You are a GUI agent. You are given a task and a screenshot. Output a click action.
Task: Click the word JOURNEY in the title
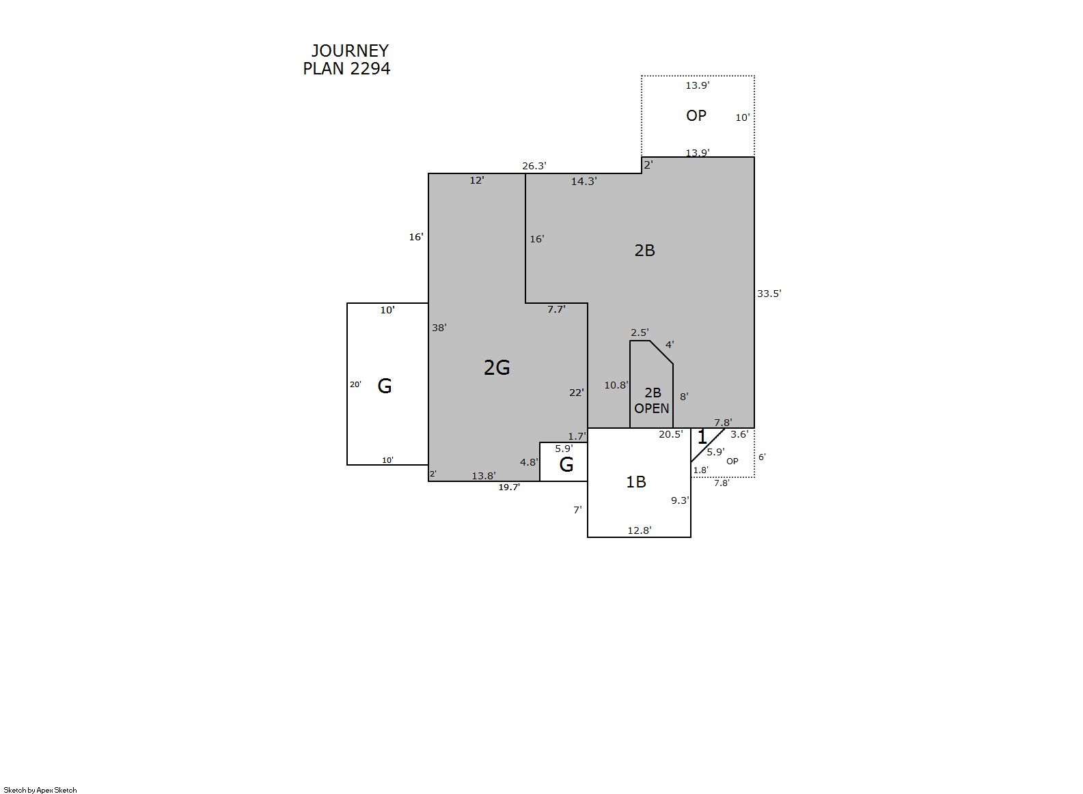point(350,51)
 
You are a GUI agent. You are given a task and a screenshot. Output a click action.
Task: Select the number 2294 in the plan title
point(370,68)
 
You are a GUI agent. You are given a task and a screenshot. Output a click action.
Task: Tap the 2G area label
point(497,368)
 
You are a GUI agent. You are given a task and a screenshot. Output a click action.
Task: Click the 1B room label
point(635,482)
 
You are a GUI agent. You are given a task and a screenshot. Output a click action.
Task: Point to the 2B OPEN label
point(652,401)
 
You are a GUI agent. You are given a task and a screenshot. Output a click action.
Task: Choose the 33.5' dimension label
point(769,294)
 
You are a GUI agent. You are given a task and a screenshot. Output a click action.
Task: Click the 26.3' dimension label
point(534,166)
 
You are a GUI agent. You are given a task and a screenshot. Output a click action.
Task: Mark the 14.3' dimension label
point(584,182)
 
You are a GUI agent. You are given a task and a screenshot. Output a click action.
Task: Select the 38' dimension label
point(439,328)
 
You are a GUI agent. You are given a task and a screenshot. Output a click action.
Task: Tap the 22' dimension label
point(576,393)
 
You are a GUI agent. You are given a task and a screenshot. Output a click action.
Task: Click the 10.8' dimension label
point(616,386)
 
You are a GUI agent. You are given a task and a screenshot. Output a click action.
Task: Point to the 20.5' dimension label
point(670,435)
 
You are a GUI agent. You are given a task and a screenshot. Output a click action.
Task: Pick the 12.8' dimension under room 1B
point(640,530)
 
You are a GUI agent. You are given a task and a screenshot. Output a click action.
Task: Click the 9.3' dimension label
point(680,501)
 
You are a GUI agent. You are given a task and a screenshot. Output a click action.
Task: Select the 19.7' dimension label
point(509,487)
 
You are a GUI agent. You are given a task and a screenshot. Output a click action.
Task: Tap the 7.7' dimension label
point(556,309)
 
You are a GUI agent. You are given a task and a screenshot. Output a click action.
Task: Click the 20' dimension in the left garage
point(355,385)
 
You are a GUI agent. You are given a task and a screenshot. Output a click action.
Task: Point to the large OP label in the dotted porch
point(696,116)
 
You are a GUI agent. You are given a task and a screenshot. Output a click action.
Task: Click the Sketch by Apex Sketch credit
point(40,790)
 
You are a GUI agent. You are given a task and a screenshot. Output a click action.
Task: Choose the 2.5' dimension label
point(640,332)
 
